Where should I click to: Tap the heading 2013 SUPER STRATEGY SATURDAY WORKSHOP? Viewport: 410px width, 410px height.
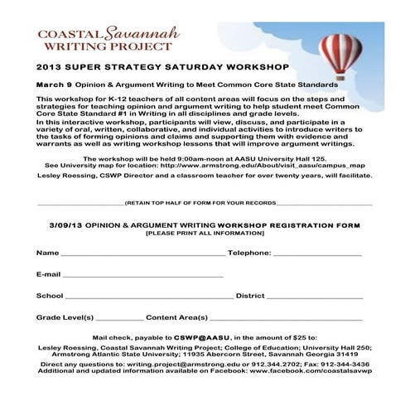(162, 65)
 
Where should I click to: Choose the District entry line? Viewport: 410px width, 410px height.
(314, 297)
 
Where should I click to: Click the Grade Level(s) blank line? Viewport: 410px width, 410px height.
(119, 318)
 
